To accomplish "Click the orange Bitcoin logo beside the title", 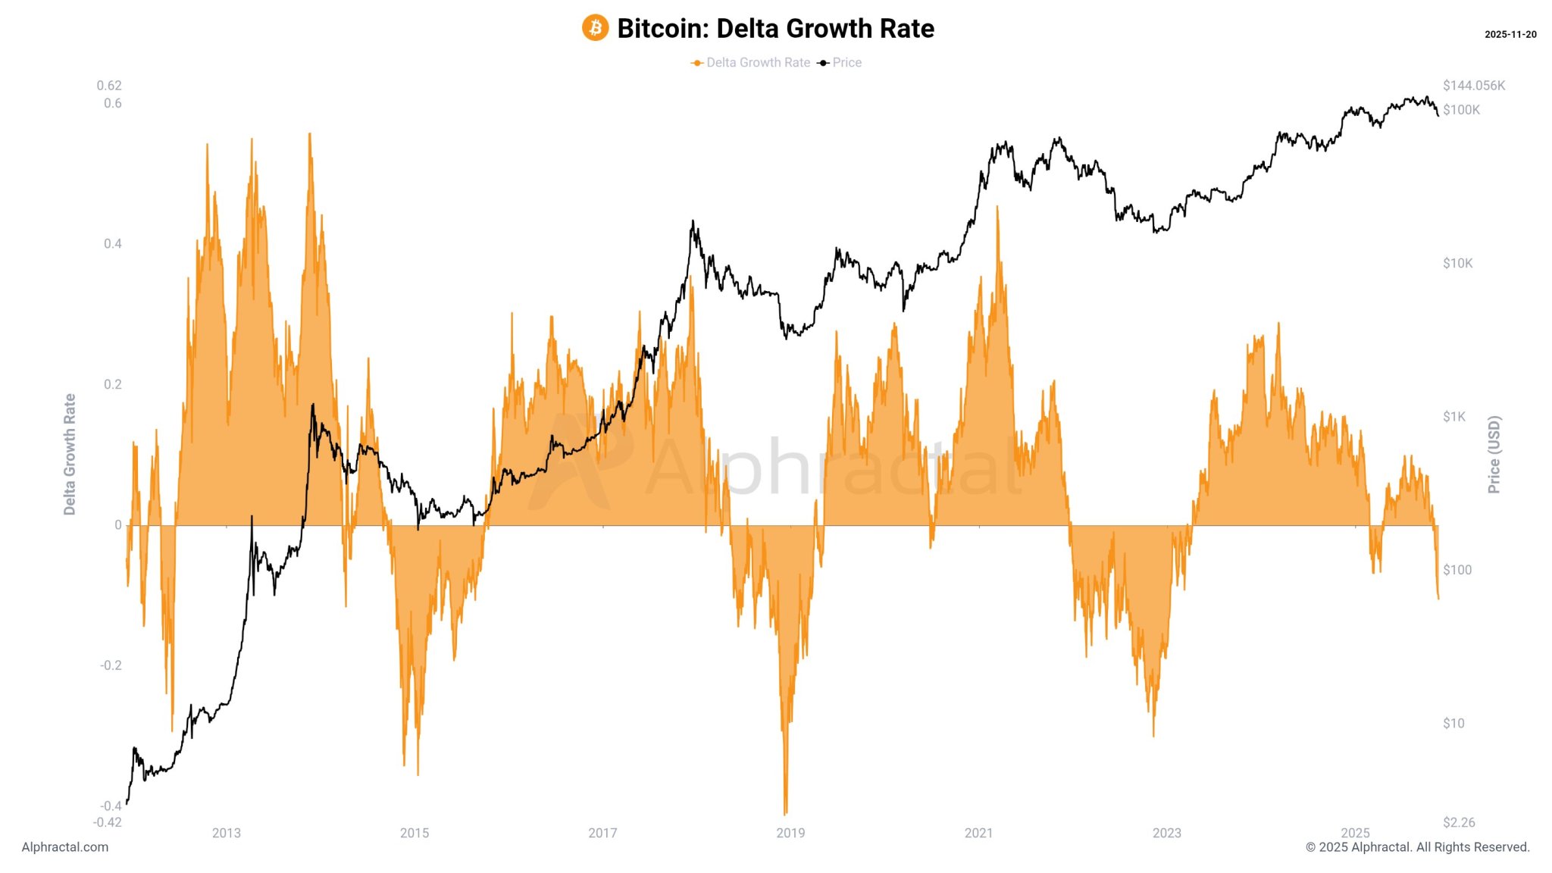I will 595,28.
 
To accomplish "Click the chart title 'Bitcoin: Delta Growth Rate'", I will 775,28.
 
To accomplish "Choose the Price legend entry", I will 846,63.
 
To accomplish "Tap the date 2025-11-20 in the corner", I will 1510,35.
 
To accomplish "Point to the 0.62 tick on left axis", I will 109,86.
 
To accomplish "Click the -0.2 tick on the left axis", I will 111,665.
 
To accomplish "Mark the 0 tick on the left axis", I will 117,524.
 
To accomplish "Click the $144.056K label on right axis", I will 1473,86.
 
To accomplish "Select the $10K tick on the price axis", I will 1457,264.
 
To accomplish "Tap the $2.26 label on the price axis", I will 1458,822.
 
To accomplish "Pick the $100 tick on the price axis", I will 1457,570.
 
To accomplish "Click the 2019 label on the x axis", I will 790,833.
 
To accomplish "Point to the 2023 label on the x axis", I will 1166,833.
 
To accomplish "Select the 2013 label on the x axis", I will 226,833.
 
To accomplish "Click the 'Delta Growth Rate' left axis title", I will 70,455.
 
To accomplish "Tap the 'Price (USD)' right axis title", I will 1494,455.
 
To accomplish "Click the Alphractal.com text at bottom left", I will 65,847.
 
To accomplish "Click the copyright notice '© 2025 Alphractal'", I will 1417,847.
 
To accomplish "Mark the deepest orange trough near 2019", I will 785,812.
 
